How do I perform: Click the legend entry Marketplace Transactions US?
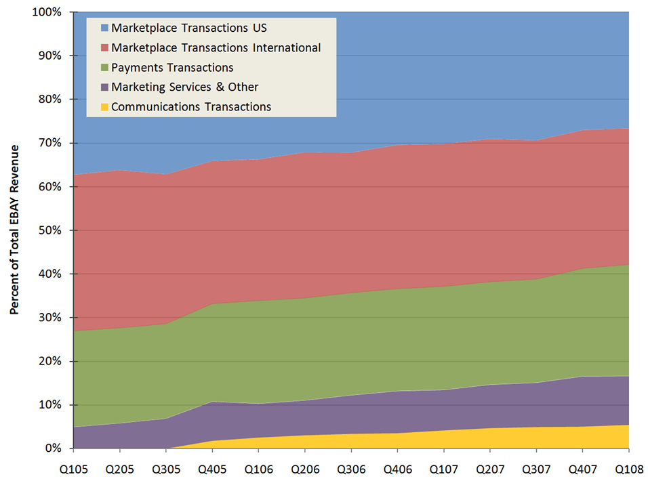tap(189, 28)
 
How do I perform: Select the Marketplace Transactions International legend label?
tap(216, 48)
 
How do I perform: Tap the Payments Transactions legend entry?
tap(172, 68)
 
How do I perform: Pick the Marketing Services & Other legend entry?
tap(184, 87)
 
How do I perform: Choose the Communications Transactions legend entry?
tap(191, 107)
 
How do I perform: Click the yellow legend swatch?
tap(104, 107)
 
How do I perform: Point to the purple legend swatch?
tap(104, 87)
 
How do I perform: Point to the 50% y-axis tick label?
tap(49, 230)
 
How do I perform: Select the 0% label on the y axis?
tap(53, 448)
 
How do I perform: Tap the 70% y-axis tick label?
tap(49, 143)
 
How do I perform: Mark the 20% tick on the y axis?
tap(49, 361)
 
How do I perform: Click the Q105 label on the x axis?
tap(74, 467)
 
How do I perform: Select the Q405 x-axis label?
tap(212, 467)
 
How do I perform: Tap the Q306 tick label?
tap(351, 467)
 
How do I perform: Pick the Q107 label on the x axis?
tap(443, 467)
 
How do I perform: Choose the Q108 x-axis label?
tap(628, 467)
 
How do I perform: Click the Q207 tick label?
tap(490, 467)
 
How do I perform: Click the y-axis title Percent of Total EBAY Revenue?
tap(14, 230)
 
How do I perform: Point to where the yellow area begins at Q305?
tap(166, 448)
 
